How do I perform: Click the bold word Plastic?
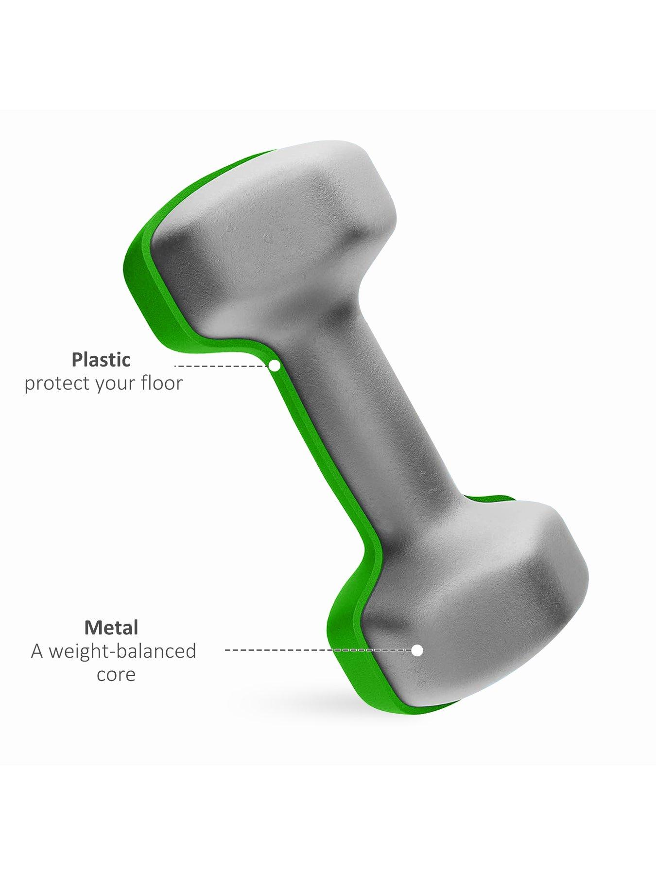coord(101,360)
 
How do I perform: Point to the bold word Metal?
coord(111,628)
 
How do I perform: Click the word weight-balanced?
coord(122,651)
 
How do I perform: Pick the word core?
coord(116,675)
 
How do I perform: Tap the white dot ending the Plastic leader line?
coord(275,366)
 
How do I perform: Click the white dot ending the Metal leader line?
coord(417,650)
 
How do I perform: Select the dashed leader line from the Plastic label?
coord(222,366)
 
